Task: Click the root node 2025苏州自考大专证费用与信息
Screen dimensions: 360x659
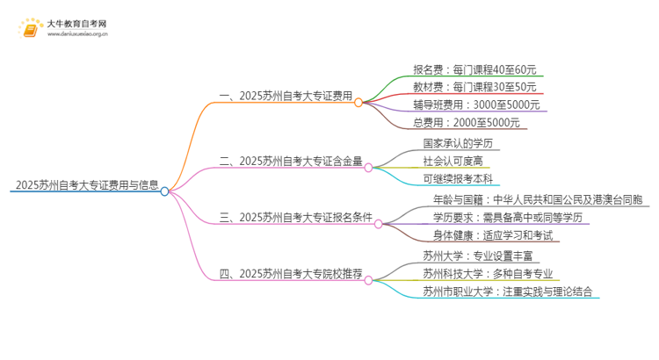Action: point(85,185)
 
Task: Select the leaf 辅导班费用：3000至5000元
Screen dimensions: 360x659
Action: point(475,104)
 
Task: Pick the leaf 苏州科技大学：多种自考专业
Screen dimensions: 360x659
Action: point(493,274)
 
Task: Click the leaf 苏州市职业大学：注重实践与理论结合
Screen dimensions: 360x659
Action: point(507,292)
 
